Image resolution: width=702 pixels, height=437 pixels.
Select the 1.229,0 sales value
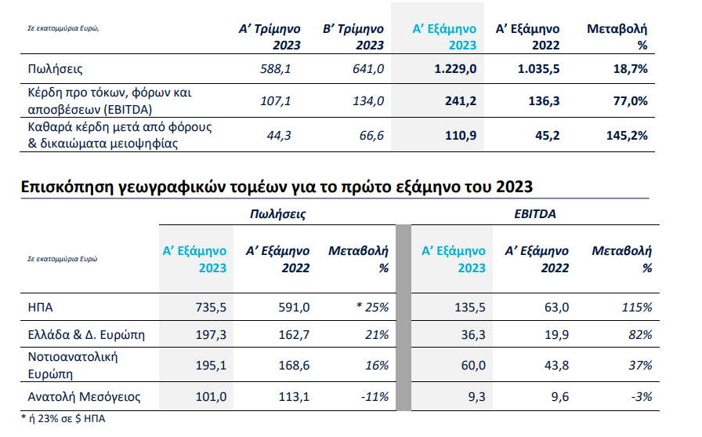(x=455, y=70)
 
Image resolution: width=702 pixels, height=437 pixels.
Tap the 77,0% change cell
(x=628, y=101)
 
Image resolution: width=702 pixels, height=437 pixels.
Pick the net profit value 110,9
(x=460, y=135)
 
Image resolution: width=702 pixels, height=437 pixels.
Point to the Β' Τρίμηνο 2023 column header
(x=353, y=38)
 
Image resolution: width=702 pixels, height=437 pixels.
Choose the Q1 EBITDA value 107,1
(x=275, y=101)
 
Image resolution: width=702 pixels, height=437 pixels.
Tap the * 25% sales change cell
(x=372, y=307)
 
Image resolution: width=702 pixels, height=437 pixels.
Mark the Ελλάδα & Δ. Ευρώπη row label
(x=86, y=335)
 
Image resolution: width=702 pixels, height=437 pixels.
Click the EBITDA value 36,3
(x=471, y=335)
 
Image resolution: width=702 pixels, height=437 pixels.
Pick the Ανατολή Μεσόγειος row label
(x=83, y=396)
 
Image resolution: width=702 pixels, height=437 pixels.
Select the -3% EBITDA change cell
(x=641, y=396)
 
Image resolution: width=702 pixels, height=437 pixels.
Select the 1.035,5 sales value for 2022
(x=538, y=70)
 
